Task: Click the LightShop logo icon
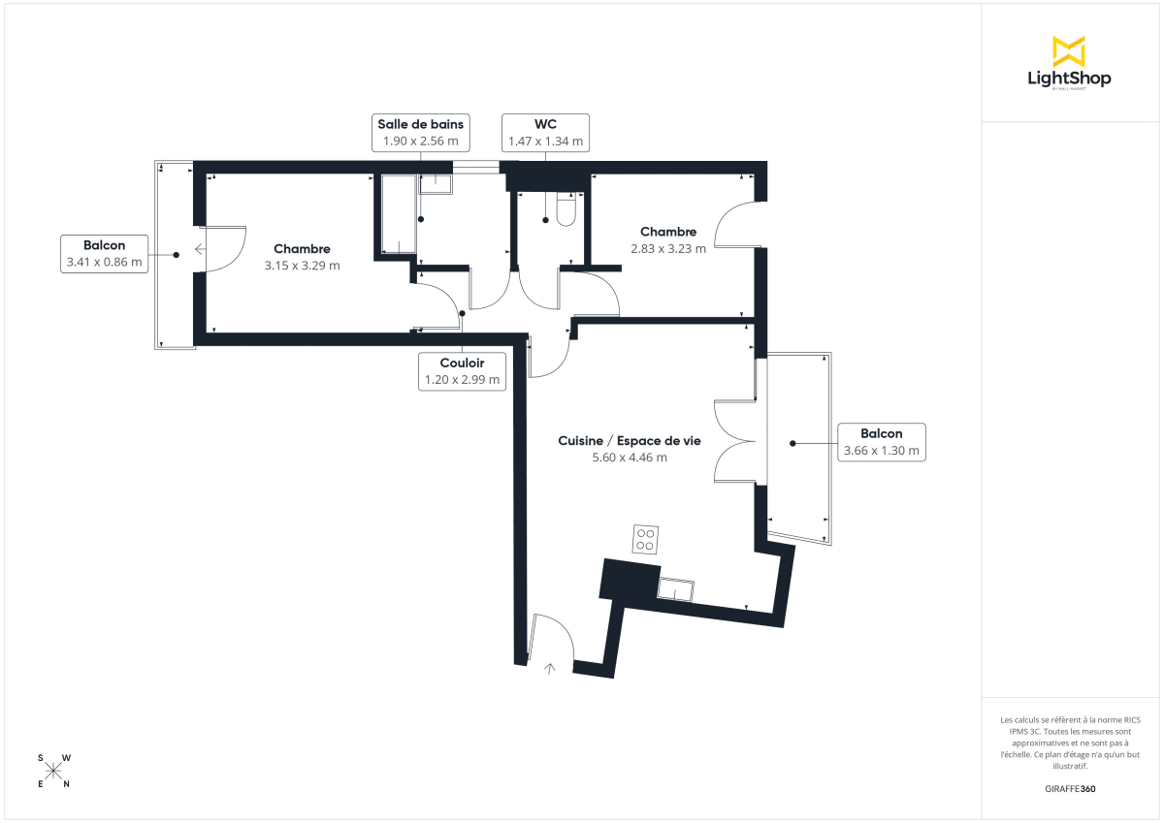1069,51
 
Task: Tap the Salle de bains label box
421,133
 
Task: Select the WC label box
545,133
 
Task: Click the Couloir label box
462,371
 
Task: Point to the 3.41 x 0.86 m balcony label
104,253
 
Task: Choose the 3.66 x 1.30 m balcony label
881,442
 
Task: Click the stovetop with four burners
646,539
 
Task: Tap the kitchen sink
676,588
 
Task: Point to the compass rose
53,771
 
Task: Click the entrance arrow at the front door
551,667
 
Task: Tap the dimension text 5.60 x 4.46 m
630,458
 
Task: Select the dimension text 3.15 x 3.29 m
302,265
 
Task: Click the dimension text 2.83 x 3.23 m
668,248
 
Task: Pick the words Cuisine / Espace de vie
630,440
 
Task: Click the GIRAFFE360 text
1071,789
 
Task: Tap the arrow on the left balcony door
200,249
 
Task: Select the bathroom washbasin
436,184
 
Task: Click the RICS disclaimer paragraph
1071,743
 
